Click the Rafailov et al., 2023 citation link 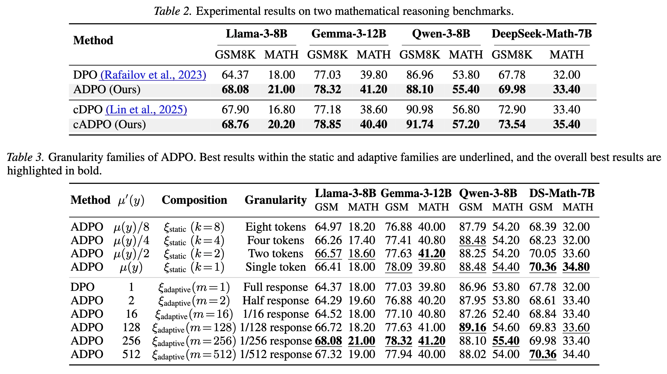click(153, 75)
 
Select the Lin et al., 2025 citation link click(146, 109)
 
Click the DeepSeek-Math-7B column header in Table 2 click(542, 34)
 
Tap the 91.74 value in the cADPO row click(420, 124)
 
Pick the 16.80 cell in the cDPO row click(281, 109)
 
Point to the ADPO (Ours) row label click(107, 90)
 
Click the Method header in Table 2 click(93, 40)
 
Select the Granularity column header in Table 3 click(276, 200)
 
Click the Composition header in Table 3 click(194, 200)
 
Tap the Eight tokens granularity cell click(276, 227)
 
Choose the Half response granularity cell click(276, 300)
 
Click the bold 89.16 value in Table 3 click(473, 327)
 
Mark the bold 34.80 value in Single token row click(576, 267)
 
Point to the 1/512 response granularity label click(276, 354)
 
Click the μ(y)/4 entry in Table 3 click(131, 240)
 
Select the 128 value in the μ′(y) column click(131, 327)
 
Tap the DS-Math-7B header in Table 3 click(562, 193)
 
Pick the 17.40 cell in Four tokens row click(361, 240)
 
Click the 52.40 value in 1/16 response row click(506, 314)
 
